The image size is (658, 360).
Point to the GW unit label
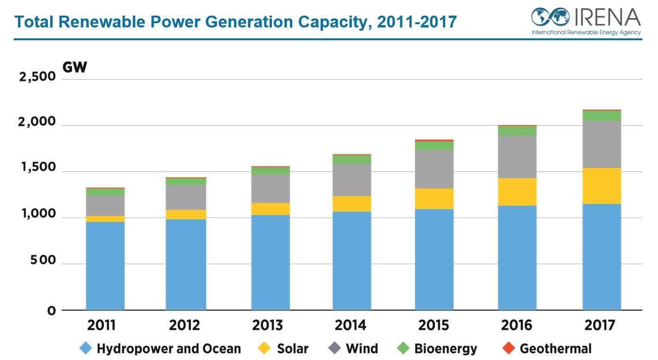tap(75, 67)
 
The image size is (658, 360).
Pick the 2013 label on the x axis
tap(267, 325)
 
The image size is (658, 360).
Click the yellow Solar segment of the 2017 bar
tap(602, 186)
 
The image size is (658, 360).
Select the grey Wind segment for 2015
tap(434, 169)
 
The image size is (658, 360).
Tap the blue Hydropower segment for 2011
tap(105, 265)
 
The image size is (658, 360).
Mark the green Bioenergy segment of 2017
tap(602, 116)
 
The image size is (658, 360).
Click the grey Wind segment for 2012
tap(186, 197)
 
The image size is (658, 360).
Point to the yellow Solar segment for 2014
tap(352, 204)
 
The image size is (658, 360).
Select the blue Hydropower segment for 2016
tap(517, 258)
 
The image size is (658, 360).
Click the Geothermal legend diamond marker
tap(509, 349)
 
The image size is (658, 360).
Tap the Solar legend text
tap(292, 349)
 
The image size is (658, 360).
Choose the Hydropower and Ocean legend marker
tap(85, 349)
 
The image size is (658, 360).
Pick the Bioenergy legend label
tap(445, 349)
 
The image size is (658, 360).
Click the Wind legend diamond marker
tap(334, 349)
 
